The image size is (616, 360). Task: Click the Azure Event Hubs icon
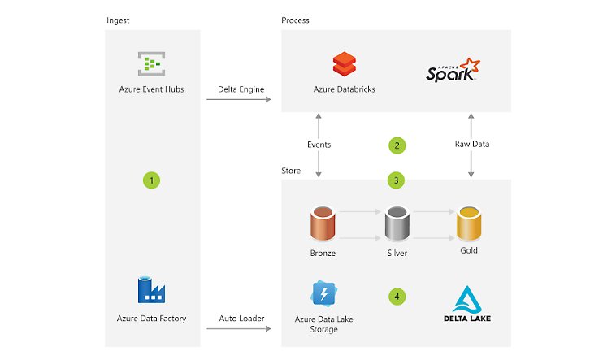pos(151,64)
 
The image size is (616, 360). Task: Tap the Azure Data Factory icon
pos(152,290)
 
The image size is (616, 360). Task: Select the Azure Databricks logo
pos(344,64)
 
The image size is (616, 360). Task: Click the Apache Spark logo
pos(453,70)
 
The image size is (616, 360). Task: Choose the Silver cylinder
pos(397,223)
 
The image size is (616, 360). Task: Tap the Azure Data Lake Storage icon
pos(324,292)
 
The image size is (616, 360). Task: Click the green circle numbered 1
pos(151,180)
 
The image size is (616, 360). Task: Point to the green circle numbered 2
pos(397,145)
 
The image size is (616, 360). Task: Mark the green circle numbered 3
pos(397,180)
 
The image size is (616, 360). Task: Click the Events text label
pos(319,145)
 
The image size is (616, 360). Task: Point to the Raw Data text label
pos(471,145)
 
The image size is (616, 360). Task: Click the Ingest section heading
pos(118,20)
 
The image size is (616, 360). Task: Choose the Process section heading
pos(295,20)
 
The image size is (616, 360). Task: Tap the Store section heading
pos(291,171)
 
